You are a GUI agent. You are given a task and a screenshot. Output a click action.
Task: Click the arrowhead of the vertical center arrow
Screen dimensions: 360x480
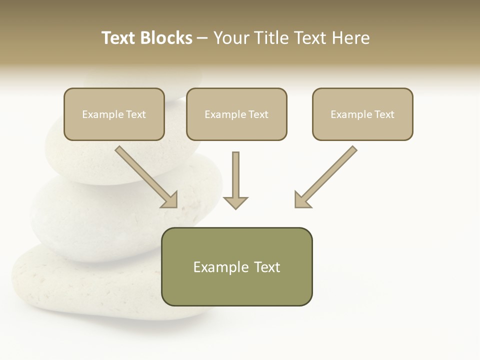(235, 202)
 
